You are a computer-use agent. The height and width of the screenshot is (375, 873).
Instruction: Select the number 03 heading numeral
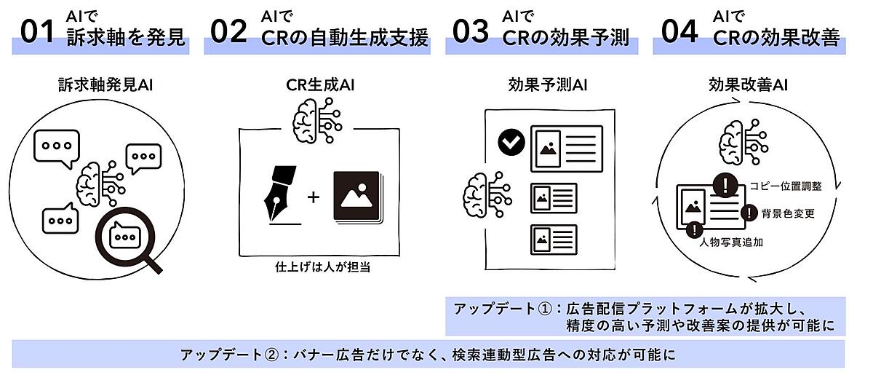pos(470,33)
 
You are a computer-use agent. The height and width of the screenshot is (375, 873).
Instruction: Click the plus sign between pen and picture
pos(314,197)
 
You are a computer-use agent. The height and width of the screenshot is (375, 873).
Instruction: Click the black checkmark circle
pos(511,143)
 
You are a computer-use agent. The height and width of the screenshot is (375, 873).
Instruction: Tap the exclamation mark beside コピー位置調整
pos(725,185)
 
